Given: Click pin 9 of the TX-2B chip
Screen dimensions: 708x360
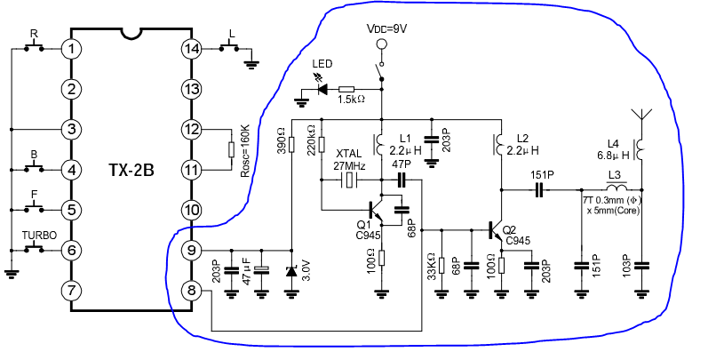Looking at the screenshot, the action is point(192,251).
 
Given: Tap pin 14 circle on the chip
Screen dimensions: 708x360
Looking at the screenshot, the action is point(192,49).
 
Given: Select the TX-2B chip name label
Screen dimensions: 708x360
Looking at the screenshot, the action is point(131,171).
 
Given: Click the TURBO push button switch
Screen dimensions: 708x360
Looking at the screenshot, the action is point(34,248).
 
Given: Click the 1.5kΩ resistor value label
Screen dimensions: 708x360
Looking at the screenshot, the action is point(351,100).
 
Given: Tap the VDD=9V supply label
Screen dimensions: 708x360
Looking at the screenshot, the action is point(387,28).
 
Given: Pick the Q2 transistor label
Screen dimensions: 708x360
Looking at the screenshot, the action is point(509,231).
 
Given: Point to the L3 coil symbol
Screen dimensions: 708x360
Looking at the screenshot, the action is point(617,187).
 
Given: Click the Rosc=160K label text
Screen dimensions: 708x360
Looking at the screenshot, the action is point(246,148).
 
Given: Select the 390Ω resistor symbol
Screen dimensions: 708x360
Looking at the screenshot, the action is point(291,145).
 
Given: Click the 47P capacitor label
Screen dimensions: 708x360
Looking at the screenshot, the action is point(401,164).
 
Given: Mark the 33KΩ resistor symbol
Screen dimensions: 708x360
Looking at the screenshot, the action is point(442,266).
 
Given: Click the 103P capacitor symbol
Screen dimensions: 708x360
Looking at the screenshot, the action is point(641,266).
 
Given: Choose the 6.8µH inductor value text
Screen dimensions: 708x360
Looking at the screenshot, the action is point(613,155).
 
